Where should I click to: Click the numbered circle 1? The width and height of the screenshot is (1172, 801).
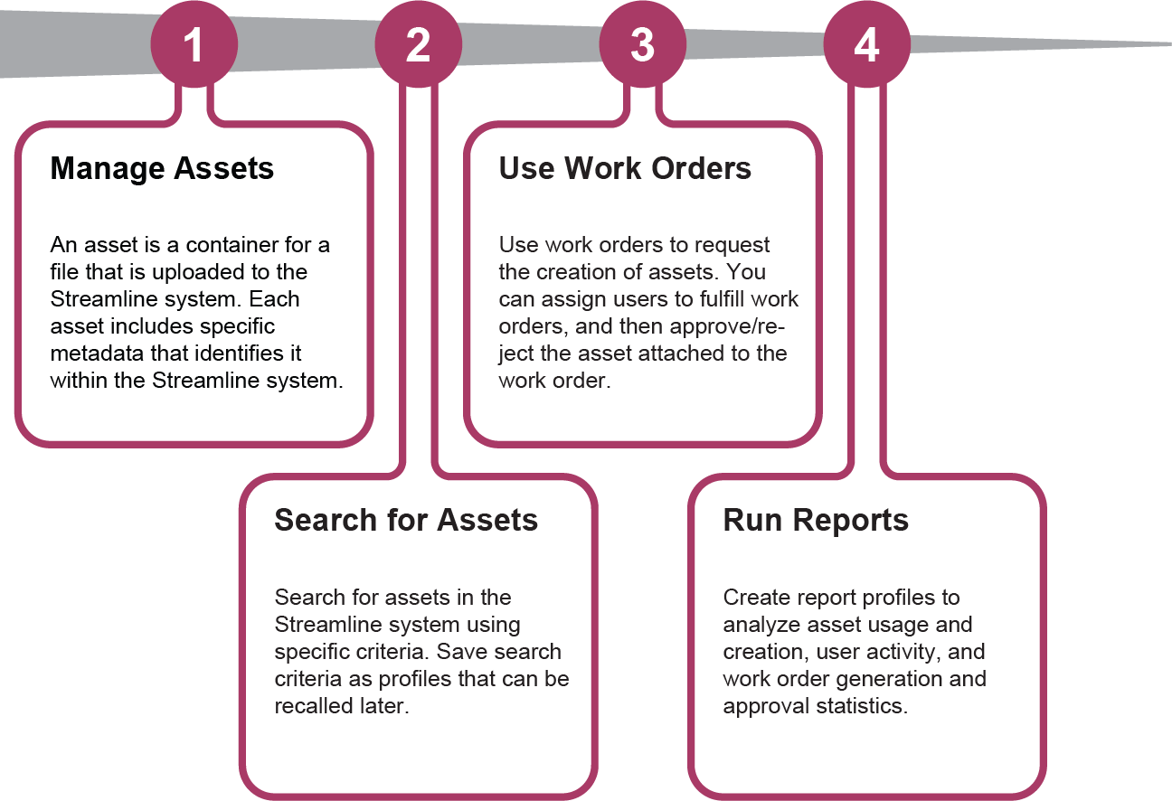point(194,44)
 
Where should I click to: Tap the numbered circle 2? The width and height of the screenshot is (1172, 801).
point(418,44)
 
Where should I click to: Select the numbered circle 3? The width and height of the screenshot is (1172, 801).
point(642,44)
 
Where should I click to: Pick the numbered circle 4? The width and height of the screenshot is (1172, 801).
point(866,44)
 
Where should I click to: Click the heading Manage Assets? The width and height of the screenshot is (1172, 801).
point(162,168)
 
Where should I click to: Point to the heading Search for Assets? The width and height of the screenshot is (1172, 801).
point(406,520)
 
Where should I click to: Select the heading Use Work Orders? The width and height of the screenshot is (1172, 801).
point(625,168)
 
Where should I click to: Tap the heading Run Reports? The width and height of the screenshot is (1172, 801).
point(816,520)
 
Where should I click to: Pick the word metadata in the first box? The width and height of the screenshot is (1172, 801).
point(95,353)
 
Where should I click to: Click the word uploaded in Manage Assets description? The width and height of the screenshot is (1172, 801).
point(199,272)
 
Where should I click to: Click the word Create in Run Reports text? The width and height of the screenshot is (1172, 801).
point(751,598)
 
